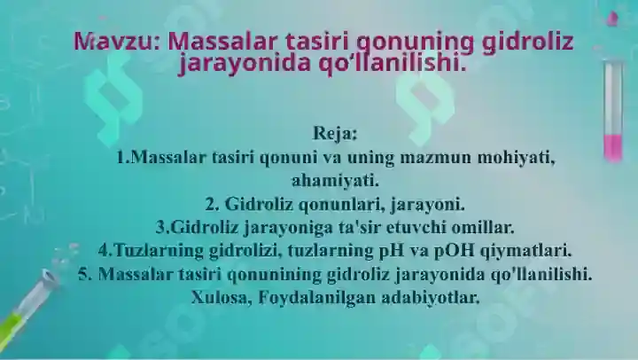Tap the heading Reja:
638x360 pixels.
[x=334, y=133]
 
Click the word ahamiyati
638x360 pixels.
[x=335, y=181]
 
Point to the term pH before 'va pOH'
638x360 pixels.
[x=392, y=251]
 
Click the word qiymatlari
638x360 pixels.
[x=525, y=251]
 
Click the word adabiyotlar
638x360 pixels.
[x=431, y=298]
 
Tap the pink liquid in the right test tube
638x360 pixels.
[x=613, y=147]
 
